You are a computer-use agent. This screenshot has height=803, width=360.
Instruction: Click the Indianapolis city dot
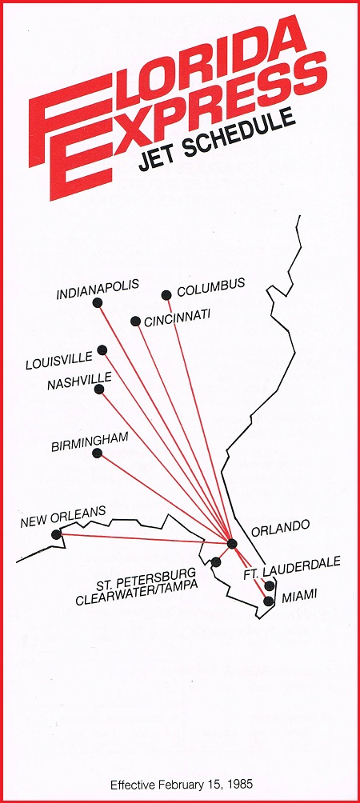pyautogui.click(x=98, y=302)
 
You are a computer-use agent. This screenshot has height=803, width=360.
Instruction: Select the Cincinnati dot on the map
pyautogui.click(x=135, y=322)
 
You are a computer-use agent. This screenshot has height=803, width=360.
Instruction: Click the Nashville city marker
pyautogui.click(x=99, y=390)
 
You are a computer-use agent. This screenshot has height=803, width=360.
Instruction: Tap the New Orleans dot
pyautogui.click(x=55, y=534)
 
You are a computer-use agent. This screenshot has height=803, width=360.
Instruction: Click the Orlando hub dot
pyautogui.click(x=232, y=544)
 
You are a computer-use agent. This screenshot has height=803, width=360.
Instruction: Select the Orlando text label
pyautogui.click(x=280, y=527)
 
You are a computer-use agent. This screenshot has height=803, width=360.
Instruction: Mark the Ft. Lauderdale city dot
pyautogui.click(x=270, y=586)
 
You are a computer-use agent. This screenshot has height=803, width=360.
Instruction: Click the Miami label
pyautogui.click(x=298, y=593)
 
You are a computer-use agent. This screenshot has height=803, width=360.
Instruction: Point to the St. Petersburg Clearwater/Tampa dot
pyautogui.click(x=216, y=562)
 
